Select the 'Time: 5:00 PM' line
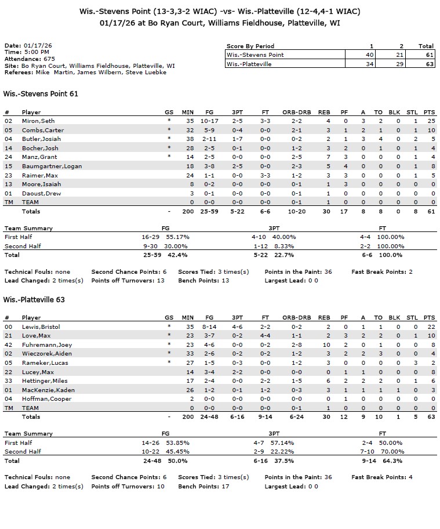(27, 52)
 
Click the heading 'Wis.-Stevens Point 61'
(41, 93)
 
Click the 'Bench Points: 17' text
(203, 486)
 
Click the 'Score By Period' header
(250, 46)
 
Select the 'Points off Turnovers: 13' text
(128, 280)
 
